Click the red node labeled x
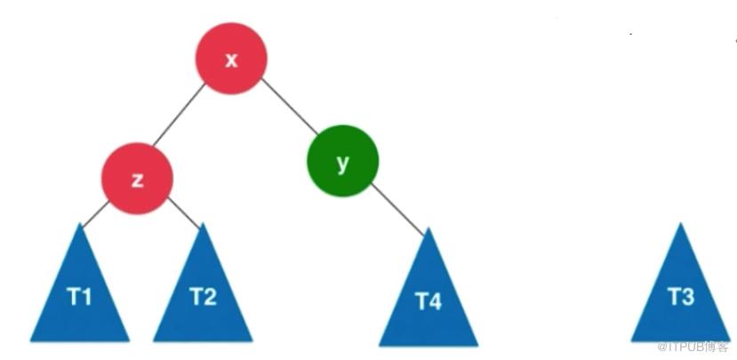click(x=231, y=59)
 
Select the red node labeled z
click(x=137, y=179)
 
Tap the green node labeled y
click(x=342, y=161)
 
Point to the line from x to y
click(x=290, y=106)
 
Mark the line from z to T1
click(x=95, y=215)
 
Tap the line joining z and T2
click(x=184, y=213)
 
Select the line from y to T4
click(x=397, y=209)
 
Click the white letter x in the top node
click(x=231, y=60)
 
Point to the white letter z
click(x=137, y=180)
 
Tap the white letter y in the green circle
click(x=342, y=164)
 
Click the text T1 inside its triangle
click(x=79, y=297)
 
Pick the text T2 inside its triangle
click(x=203, y=297)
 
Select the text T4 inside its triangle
click(x=429, y=301)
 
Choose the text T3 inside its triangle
click(x=681, y=297)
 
